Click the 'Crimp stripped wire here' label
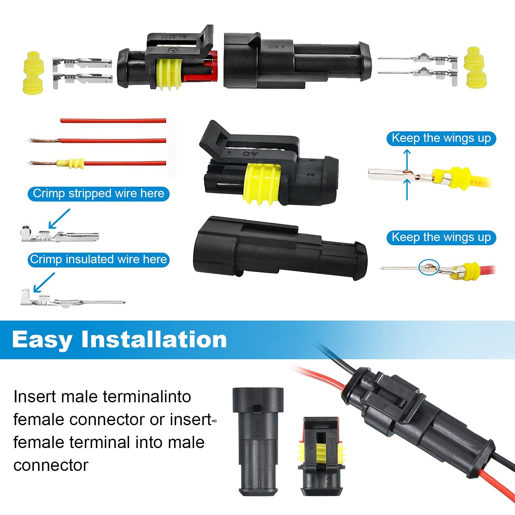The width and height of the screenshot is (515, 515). pyautogui.click(x=98, y=194)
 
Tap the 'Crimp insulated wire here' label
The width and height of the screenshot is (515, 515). pyautogui.click(x=98, y=259)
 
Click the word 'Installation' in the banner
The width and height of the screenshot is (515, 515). pyautogui.click(x=154, y=339)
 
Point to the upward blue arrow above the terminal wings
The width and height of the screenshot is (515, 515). pyautogui.click(x=407, y=159)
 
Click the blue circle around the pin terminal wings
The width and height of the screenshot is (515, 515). pyautogui.click(x=429, y=267)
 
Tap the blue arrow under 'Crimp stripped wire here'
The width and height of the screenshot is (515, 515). pyautogui.click(x=59, y=219)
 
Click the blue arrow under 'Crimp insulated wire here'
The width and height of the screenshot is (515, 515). pyautogui.click(x=44, y=282)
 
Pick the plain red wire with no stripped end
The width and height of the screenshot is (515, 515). pyautogui.click(x=113, y=121)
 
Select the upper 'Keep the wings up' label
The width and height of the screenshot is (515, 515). pyautogui.click(x=441, y=138)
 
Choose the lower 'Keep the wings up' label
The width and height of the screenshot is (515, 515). pyautogui.click(x=441, y=238)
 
